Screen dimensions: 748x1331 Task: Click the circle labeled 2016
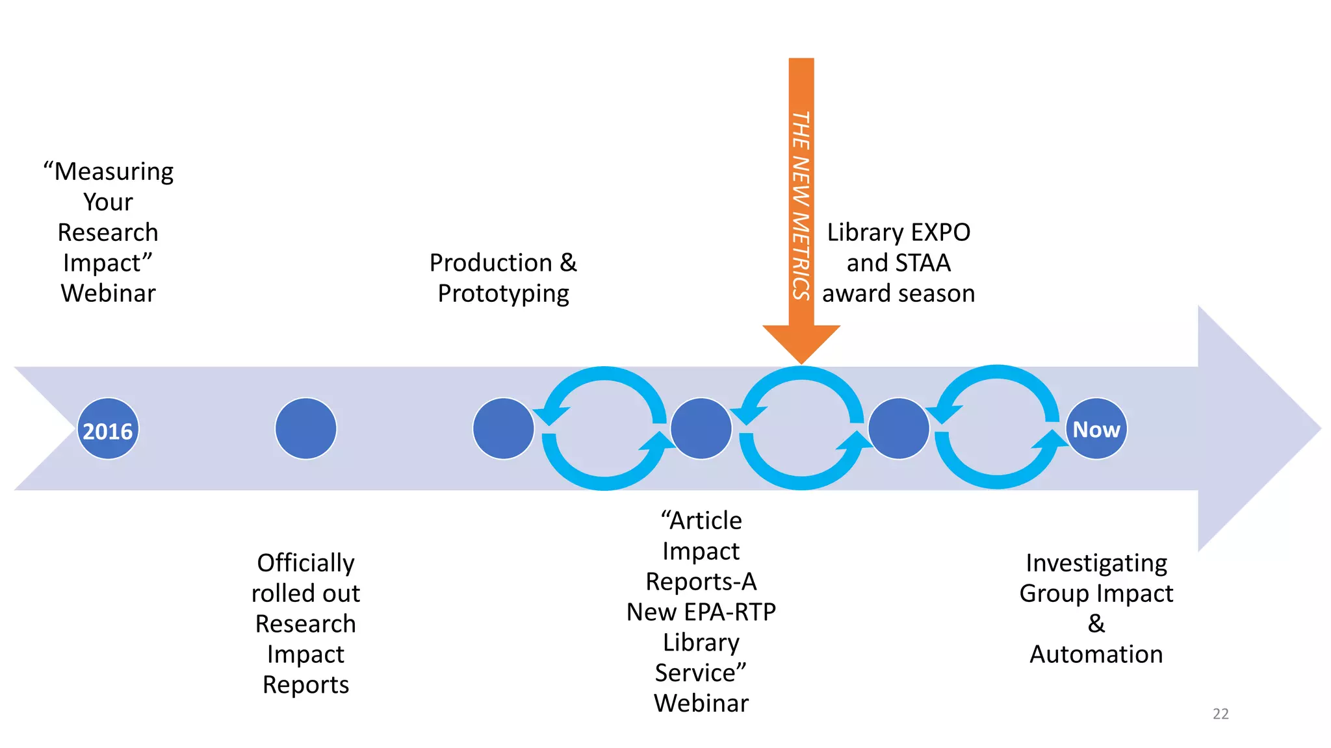point(108,429)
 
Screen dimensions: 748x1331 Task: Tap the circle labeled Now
point(1096,429)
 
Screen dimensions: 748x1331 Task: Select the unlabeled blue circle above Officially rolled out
point(305,429)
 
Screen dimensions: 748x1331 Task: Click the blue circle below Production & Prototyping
point(503,429)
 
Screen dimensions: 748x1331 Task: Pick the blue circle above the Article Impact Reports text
point(701,429)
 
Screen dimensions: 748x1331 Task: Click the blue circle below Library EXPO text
point(898,429)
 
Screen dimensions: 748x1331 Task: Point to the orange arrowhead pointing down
point(801,342)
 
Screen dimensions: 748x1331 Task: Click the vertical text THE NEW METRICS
point(801,205)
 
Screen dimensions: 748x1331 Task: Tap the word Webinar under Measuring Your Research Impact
point(108,293)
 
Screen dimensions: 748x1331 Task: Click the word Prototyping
point(503,293)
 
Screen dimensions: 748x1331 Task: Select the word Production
point(491,263)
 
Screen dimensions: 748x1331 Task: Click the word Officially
point(305,563)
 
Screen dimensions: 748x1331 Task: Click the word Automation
point(1096,654)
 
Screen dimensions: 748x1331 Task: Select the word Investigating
point(1096,563)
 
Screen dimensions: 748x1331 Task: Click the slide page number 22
point(1220,714)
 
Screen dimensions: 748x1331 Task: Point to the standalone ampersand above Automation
point(1096,624)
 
